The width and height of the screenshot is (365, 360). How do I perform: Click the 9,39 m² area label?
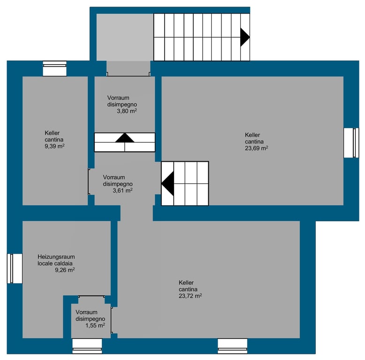pos(54,146)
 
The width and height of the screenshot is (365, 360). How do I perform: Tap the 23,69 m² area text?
pos(256,148)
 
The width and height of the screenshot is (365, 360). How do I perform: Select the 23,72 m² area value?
pos(190,296)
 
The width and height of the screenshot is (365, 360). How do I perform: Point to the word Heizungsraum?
pos(56,257)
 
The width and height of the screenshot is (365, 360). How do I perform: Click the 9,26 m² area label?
pos(65,270)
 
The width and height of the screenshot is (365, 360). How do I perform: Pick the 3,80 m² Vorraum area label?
pos(127,111)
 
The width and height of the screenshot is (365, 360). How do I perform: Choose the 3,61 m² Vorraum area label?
pos(122,190)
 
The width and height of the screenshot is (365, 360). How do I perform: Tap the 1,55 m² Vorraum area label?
pos(95,325)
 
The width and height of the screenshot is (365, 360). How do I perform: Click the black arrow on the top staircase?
pos(245,37)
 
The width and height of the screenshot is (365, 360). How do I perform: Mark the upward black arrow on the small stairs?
pos(125,138)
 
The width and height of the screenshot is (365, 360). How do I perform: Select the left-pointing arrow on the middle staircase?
pos(168,183)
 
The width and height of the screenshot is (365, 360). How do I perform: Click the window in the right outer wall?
pos(351,143)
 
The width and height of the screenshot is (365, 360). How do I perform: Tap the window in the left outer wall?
pos(15,269)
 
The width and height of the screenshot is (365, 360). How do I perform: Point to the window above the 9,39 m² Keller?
pos(55,68)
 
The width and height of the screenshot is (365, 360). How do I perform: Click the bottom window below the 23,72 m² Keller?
pos(232,346)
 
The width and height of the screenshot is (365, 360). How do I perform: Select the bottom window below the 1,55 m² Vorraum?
pos(87,346)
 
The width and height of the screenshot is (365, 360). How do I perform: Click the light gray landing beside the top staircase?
pos(125,37)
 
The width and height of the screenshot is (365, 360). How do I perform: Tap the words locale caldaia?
pos(55,263)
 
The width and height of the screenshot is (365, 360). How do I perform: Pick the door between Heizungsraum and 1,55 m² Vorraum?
pos(91,297)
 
